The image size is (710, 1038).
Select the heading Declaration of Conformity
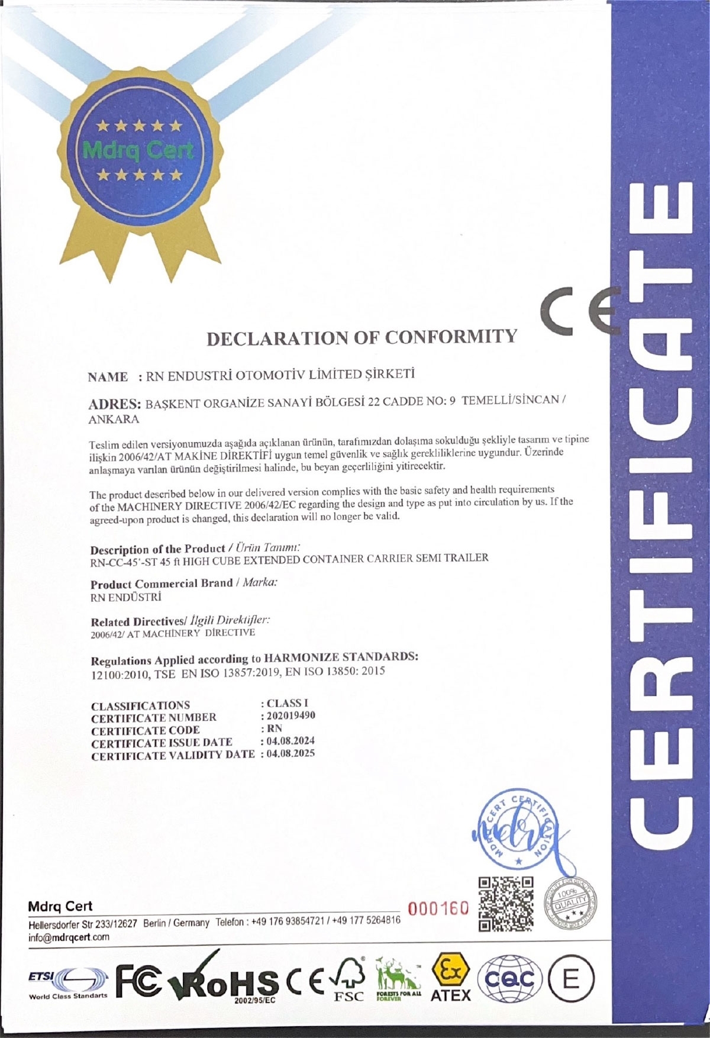[x=361, y=337]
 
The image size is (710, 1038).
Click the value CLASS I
[x=288, y=703]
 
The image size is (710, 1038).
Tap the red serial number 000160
[x=438, y=908]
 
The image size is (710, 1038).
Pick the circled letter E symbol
[x=571, y=979]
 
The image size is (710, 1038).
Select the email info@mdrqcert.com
[x=69, y=937]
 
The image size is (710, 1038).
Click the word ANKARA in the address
[x=114, y=420]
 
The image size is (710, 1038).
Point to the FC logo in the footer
[x=138, y=979]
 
